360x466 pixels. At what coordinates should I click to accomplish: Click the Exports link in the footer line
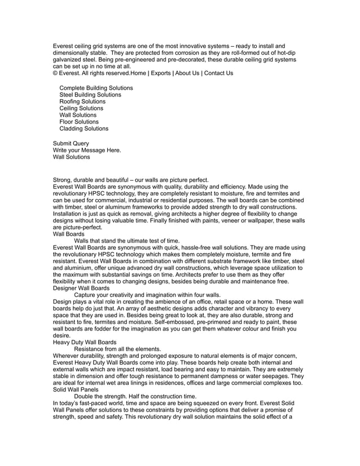161,73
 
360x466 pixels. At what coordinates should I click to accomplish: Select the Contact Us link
218,73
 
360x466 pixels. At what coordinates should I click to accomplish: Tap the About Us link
187,73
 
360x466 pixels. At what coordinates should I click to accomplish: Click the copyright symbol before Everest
55,73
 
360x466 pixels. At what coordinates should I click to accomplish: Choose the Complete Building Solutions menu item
96,88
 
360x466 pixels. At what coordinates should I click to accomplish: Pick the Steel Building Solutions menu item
90,95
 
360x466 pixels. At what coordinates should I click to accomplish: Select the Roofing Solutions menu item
82,102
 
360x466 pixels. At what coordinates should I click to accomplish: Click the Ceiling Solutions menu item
81,108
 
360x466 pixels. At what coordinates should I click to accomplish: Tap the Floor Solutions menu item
79,122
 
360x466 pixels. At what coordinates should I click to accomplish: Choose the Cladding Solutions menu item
84,129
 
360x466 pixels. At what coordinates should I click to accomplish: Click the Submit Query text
71,144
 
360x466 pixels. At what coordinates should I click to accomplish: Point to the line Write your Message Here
87,151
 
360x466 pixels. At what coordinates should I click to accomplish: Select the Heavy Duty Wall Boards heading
85,342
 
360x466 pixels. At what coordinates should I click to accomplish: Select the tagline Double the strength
135,396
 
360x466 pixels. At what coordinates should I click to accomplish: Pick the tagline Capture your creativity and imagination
147,294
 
